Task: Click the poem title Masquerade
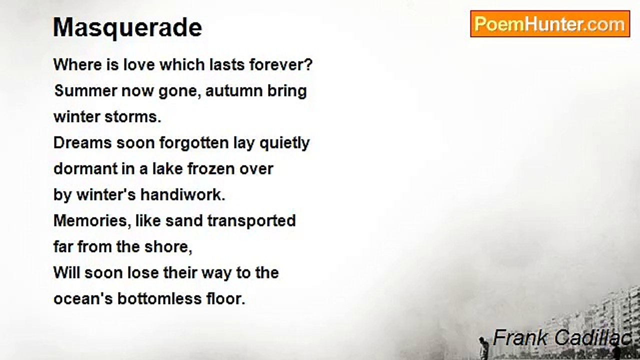[127, 28]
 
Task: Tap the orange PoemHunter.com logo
[550, 24]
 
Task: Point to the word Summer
[85, 91]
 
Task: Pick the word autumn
[234, 91]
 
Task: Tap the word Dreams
[82, 143]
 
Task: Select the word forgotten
[194, 143]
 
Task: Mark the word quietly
[284, 143]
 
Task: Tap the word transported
[251, 221]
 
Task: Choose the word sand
[184, 221]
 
